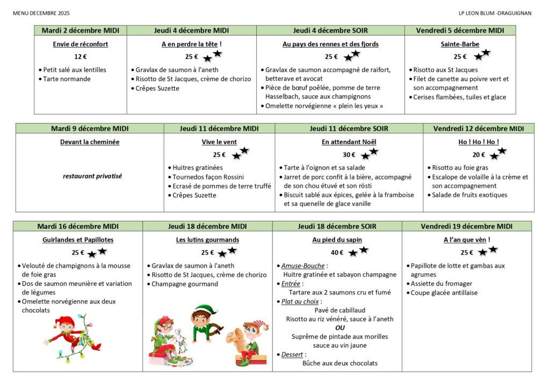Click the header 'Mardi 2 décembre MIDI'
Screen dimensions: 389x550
81,30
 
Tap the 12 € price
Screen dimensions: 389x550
81,56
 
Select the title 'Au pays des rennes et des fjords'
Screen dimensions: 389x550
330,44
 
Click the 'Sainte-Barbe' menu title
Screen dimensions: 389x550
460,44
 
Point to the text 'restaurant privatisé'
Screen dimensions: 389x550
89,176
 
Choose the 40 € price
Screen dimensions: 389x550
337,253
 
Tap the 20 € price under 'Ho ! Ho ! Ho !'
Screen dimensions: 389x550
479,155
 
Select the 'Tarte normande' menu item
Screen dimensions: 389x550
67,79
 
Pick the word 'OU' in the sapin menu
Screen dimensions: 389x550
340,327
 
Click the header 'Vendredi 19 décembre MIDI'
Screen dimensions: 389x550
467,226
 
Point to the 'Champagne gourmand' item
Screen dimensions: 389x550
185,284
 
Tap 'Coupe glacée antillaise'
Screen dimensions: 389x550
444,293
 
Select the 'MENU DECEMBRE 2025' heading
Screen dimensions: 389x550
41,13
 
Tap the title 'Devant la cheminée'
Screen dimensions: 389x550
89,142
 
